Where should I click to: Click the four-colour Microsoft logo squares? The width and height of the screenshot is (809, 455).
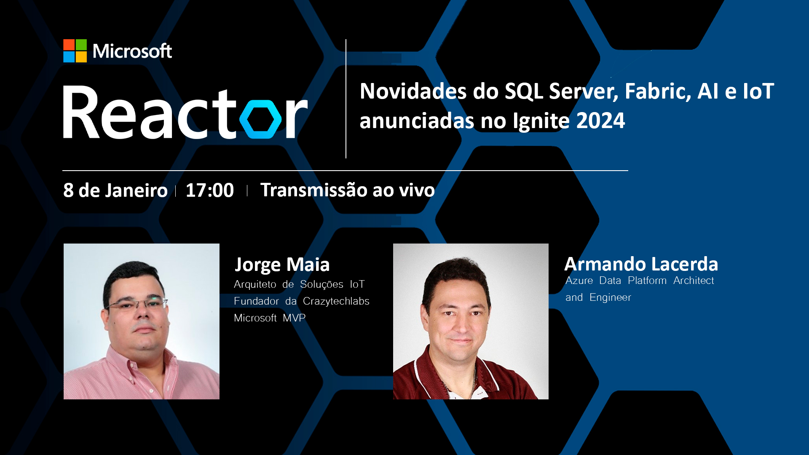click(x=75, y=51)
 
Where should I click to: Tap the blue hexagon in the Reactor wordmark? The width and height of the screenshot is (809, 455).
click(x=260, y=119)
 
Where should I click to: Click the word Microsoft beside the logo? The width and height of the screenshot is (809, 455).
click(x=132, y=51)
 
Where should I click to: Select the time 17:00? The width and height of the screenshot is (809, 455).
click(x=210, y=190)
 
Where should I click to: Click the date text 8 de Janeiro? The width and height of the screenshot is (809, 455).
click(x=115, y=190)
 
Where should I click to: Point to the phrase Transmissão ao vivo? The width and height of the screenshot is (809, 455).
click(x=348, y=190)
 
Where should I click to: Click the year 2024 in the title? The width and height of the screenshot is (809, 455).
click(x=601, y=120)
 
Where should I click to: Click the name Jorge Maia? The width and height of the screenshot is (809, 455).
click(x=282, y=265)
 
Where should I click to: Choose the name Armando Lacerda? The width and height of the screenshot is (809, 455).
click(x=641, y=264)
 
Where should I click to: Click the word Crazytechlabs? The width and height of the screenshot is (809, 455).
click(x=336, y=301)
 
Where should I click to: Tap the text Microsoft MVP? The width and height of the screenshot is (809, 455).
click(x=270, y=318)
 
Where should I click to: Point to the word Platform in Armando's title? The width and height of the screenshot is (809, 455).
click(x=647, y=281)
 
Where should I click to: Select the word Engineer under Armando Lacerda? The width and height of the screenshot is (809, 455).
click(x=610, y=297)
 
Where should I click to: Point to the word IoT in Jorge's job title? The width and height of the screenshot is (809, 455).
click(x=357, y=284)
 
